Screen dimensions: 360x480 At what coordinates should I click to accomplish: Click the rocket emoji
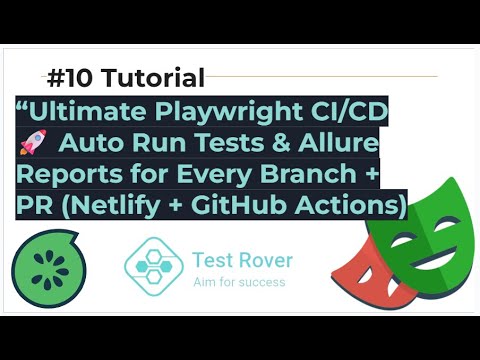33,144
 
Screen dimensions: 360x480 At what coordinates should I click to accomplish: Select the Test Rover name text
242,261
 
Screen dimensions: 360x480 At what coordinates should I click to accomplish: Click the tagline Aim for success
239,283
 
